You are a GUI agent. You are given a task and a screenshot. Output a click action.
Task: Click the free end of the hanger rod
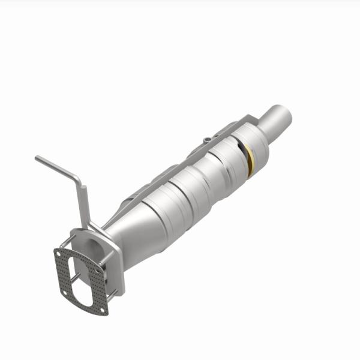[38, 158]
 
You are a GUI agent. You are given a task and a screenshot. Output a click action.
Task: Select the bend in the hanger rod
[77, 180]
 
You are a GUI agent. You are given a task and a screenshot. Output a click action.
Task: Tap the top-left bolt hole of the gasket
[59, 254]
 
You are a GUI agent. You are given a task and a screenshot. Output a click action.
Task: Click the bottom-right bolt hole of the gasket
[103, 310]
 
